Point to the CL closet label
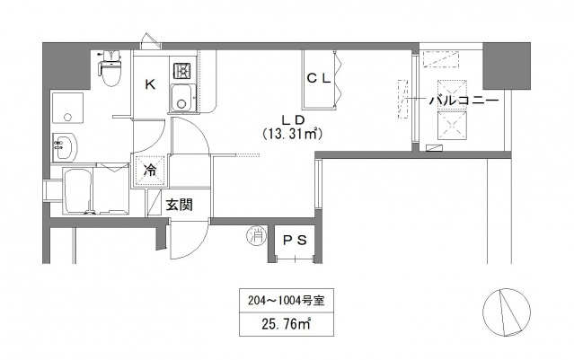(x=320, y=78)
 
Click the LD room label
(x=291, y=119)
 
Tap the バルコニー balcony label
(x=463, y=101)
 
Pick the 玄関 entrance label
(x=179, y=204)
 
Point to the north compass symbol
(x=505, y=315)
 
